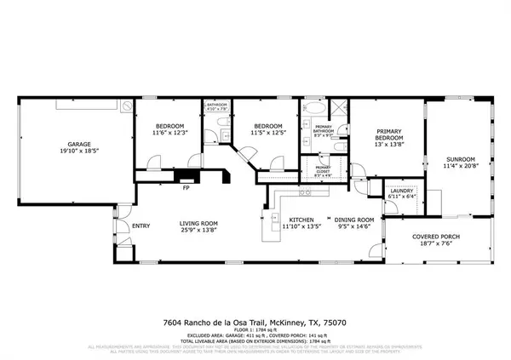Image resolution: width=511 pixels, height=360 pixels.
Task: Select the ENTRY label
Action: pyautogui.click(x=141, y=226)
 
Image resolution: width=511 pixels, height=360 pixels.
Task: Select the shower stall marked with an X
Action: pyautogui.click(x=336, y=110)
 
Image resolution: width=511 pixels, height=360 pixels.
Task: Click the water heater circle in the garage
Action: pyautogui.click(x=126, y=106)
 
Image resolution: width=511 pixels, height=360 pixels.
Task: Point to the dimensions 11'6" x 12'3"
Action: pyautogui.click(x=169, y=133)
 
